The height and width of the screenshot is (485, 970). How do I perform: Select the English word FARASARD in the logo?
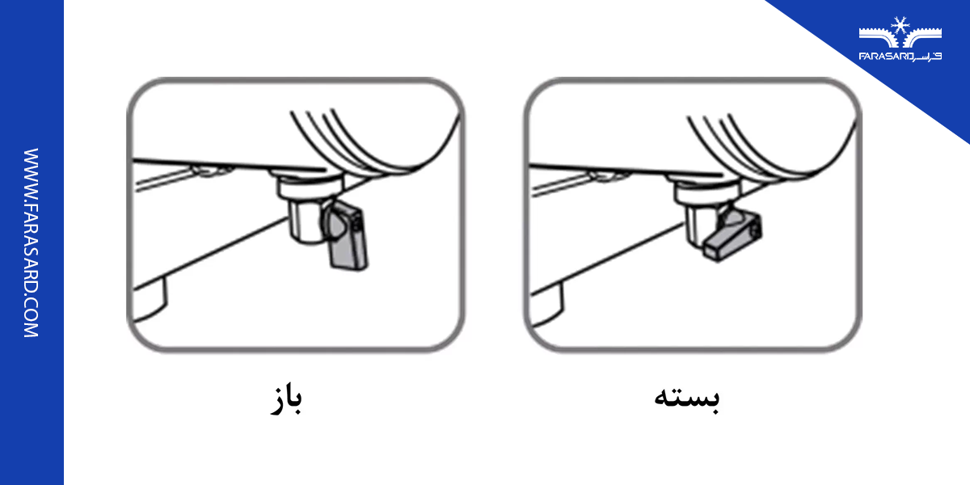point(884,57)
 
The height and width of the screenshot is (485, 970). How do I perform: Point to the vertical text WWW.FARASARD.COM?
point(31,242)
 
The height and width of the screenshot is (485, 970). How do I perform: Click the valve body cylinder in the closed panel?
point(702,218)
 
